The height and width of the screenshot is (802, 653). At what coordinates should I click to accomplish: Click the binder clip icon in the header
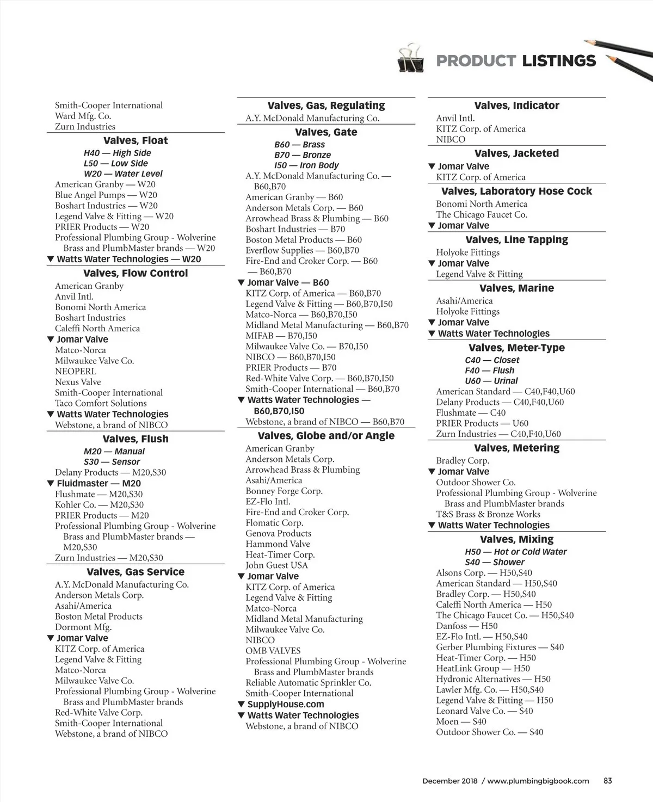[x=411, y=59]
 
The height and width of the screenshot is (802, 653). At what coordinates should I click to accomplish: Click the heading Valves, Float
[x=135, y=140]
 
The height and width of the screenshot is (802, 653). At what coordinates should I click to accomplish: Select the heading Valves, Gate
[x=326, y=132]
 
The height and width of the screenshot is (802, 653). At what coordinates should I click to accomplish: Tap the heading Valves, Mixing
[x=516, y=539]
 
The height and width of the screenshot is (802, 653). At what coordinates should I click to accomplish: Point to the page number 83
[x=608, y=781]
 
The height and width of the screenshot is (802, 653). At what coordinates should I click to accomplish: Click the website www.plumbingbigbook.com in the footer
[x=538, y=781]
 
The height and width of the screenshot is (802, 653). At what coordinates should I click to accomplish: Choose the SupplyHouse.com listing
[x=285, y=704]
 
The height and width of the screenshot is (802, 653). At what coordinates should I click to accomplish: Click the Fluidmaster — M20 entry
[x=98, y=483]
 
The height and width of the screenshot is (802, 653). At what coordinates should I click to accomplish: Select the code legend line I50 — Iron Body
[x=306, y=165]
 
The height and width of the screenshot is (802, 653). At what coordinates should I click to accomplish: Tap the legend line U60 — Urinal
[x=491, y=381]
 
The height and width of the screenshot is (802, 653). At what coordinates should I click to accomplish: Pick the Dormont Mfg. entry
[x=83, y=627]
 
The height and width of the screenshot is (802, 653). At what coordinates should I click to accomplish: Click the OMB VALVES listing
[x=273, y=651]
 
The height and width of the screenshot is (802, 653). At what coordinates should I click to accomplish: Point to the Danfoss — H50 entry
[x=467, y=626]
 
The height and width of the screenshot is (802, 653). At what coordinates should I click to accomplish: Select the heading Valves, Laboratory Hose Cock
[x=516, y=191]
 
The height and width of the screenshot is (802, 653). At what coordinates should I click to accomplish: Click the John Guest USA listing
[x=277, y=565]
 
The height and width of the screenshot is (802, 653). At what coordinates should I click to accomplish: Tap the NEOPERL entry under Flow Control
[x=76, y=371]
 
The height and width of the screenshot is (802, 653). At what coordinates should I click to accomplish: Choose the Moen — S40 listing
[x=461, y=721]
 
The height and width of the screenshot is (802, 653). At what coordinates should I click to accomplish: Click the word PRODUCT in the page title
[x=476, y=61]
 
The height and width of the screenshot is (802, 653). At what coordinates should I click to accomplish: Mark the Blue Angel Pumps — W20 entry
[x=106, y=195]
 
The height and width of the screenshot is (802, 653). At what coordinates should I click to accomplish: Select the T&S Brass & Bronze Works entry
[x=488, y=514]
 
